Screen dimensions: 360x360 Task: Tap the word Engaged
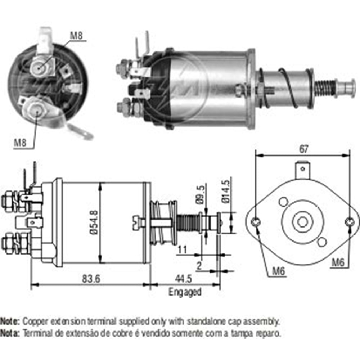point(185,292)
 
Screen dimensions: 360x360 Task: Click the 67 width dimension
point(303,148)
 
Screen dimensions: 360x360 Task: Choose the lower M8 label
point(21,143)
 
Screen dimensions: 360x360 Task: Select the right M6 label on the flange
point(337,262)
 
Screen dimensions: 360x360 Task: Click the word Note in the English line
point(10,320)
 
